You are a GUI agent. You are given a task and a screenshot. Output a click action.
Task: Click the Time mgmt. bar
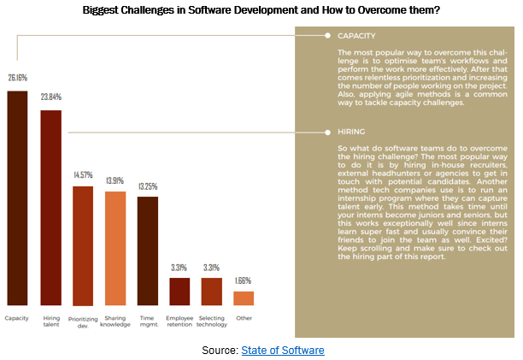148,251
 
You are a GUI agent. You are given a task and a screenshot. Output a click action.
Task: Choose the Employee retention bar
179,292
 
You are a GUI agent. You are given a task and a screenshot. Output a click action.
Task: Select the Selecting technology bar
212,292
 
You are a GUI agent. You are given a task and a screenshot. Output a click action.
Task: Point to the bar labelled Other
244,298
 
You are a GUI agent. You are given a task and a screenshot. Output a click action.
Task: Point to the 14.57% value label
83,177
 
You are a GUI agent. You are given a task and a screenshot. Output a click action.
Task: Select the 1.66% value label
244,280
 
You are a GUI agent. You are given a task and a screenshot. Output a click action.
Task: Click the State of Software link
283,351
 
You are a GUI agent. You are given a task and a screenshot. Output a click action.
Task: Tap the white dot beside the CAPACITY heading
326,37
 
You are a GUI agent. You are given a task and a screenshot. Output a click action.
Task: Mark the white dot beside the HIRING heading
326,133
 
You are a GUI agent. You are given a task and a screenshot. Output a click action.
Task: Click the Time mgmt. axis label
148,322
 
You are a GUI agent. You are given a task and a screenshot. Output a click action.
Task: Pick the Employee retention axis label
179,322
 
